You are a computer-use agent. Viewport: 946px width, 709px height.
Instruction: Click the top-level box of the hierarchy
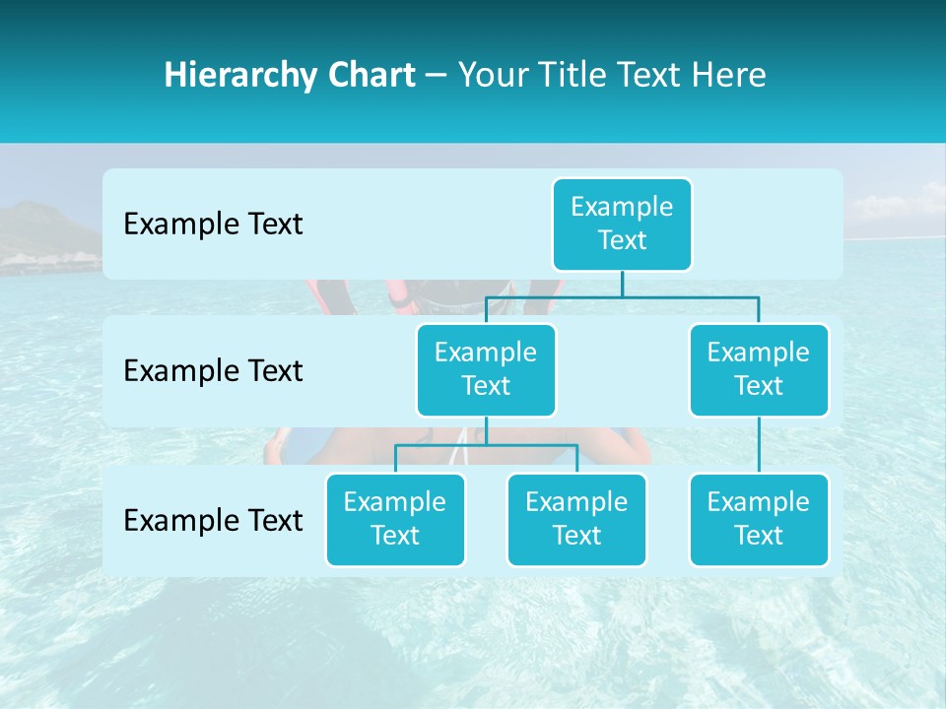pos(622,224)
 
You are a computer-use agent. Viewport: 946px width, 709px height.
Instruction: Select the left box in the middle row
pos(486,369)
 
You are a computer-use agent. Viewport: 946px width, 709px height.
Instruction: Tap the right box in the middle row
pos(759,369)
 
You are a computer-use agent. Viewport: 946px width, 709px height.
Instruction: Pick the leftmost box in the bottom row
pos(395,519)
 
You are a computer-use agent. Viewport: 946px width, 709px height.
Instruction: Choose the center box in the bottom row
pos(576,519)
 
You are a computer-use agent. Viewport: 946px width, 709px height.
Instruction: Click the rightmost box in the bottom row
pos(759,519)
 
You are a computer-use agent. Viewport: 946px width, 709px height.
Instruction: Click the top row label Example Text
pos(213,225)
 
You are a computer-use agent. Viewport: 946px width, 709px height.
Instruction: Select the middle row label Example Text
pos(213,371)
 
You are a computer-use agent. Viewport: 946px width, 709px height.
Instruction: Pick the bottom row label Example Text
pos(213,520)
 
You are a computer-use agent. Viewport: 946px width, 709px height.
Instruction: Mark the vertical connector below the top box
pos(622,284)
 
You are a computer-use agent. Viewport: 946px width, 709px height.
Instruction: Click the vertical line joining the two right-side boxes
pos(759,445)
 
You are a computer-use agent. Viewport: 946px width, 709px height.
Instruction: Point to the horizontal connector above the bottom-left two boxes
pos(486,445)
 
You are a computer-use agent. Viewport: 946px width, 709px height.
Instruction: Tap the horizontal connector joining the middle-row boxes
pos(622,296)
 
